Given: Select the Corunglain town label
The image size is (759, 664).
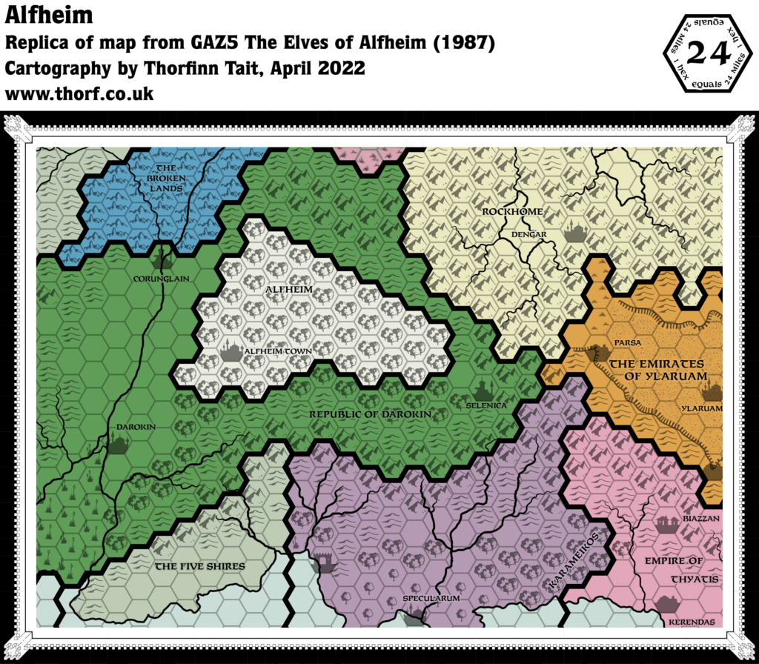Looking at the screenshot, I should [162, 279].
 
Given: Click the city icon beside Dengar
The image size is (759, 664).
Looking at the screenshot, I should [575, 233].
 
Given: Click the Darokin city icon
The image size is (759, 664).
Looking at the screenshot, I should [119, 444].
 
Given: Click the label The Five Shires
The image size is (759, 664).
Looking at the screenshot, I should [199, 566].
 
